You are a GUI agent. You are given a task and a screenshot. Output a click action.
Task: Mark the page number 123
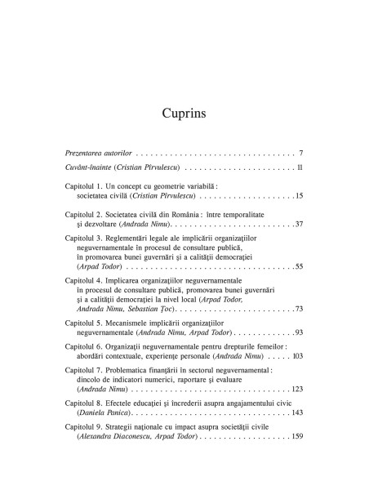point(297,390)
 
